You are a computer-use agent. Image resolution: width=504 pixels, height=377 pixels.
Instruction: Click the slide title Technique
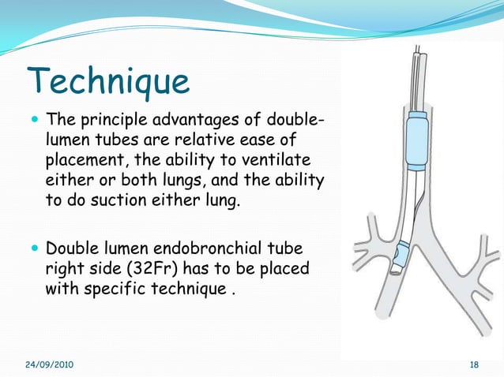108,80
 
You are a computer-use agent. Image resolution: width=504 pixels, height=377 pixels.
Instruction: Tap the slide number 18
474,364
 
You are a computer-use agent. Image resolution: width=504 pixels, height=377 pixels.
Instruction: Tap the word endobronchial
216,249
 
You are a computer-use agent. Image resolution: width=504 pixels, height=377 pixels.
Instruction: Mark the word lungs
191,181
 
